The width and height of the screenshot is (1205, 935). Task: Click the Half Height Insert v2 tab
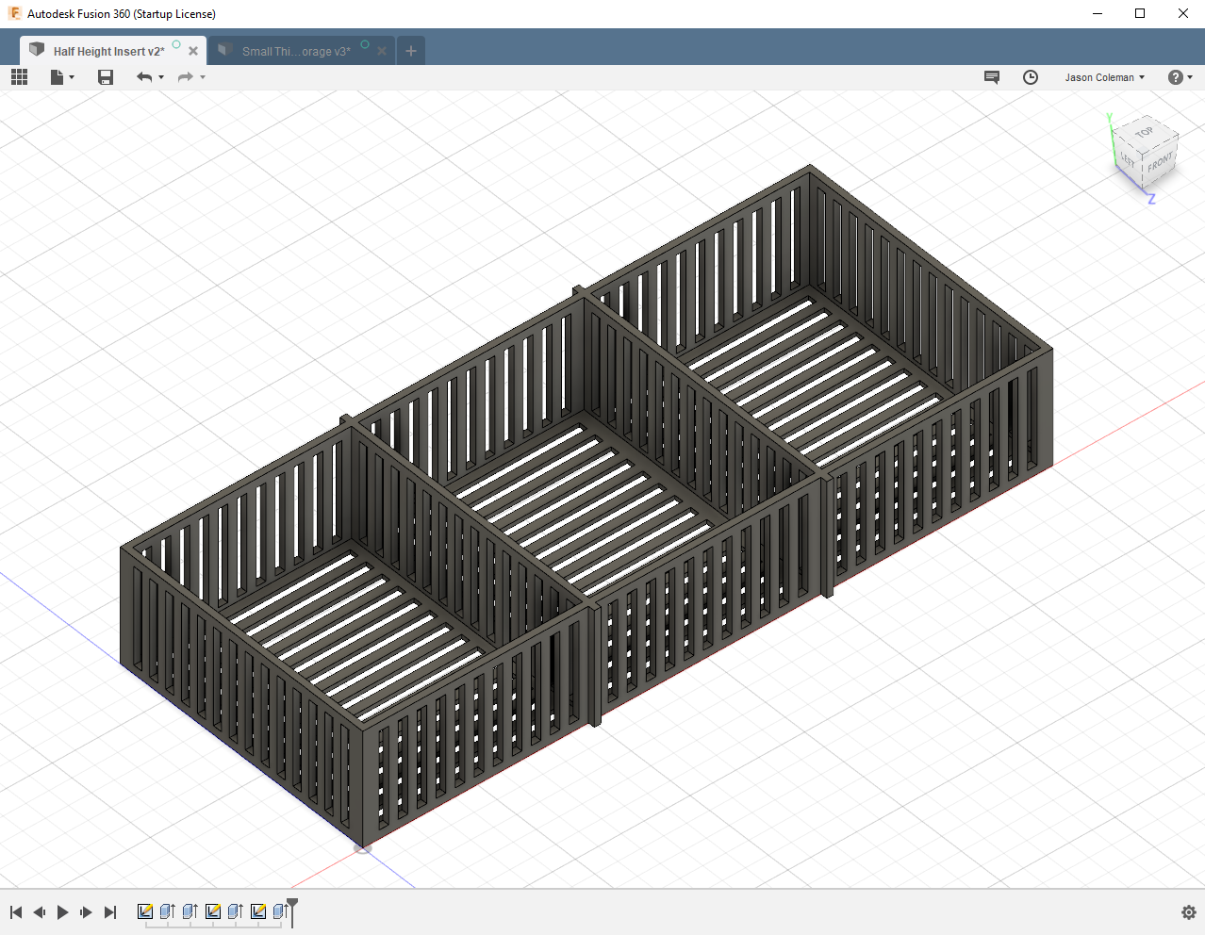click(x=107, y=51)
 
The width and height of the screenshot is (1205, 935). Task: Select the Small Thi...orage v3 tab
click(x=295, y=51)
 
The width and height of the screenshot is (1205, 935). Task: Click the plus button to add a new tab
click(x=411, y=51)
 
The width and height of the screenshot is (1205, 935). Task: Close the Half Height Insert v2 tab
click(x=193, y=51)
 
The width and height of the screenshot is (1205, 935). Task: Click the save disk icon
click(x=106, y=77)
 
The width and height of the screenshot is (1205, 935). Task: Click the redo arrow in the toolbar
click(x=185, y=77)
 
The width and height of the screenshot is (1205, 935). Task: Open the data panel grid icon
click(x=19, y=77)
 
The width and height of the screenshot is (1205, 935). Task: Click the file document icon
click(x=58, y=77)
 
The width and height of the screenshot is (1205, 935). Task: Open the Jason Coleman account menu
click(x=1104, y=77)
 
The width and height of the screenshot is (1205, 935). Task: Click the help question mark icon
click(x=1175, y=77)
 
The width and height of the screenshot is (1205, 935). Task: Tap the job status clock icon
click(x=1031, y=77)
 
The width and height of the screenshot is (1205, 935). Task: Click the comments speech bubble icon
click(x=992, y=77)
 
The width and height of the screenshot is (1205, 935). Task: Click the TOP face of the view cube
click(x=1145, y=133)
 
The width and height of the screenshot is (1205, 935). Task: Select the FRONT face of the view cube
click(x=1160, y=163)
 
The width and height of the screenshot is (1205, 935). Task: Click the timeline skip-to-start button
click(x=16, y=912)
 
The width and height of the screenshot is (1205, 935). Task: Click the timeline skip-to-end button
click(x=110, y=912)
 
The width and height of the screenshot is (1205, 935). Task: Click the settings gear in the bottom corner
click(x=1188, y=912)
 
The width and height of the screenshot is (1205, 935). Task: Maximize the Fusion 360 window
click(x=1140, y=13)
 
